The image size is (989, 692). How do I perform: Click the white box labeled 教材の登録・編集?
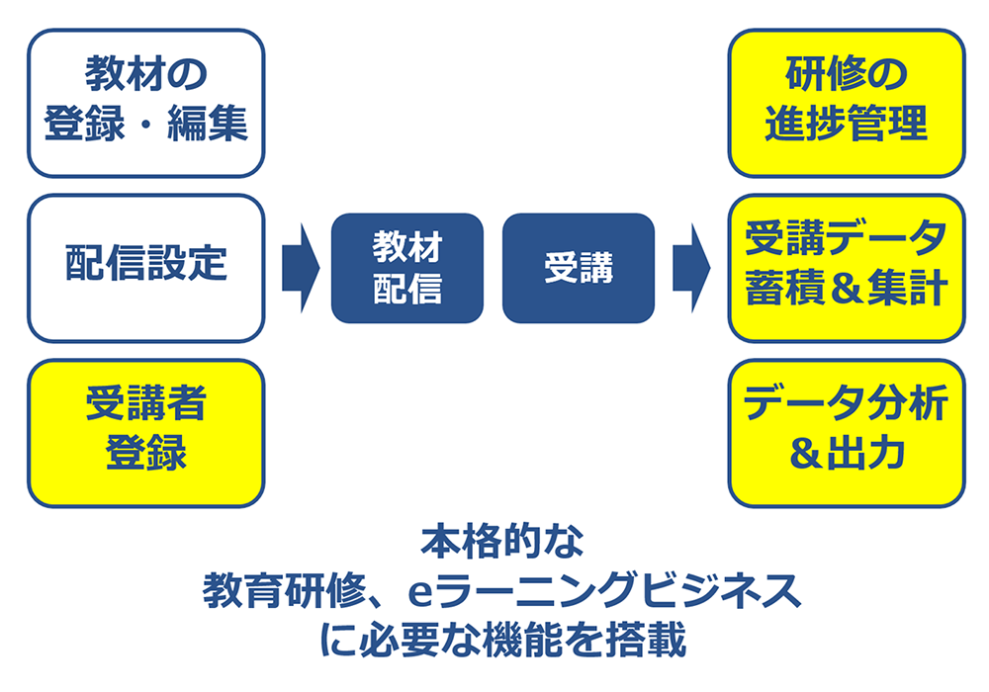tap(145, 102)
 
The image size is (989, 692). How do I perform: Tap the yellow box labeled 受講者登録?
tap(145, 432)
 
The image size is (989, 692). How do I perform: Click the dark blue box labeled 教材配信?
tap(406, 268)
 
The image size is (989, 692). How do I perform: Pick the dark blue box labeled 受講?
tap(579, 268)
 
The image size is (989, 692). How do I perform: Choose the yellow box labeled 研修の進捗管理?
tap(846, 102)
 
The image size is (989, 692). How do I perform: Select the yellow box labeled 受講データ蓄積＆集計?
tap(846, 267)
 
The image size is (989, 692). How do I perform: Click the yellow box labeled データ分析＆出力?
tap(846, 432)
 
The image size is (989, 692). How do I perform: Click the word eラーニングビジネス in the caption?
tap(603, 593)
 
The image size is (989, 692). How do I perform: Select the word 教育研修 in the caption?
tap(283, 593)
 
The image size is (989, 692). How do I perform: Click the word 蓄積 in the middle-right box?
tap(784, 291)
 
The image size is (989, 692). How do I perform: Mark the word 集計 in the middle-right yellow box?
tap(908, 291)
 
